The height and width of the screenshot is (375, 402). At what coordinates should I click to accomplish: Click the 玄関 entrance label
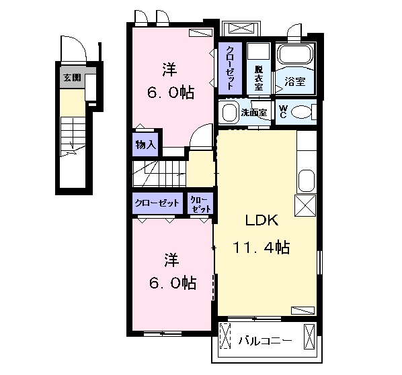click(x=72, y=78)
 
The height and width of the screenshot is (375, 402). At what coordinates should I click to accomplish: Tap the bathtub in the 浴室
click(x=296, y=55)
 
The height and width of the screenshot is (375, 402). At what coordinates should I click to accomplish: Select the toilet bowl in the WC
click(x=301, y=112)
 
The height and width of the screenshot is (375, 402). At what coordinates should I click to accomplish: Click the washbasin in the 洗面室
click(x=229, y=112)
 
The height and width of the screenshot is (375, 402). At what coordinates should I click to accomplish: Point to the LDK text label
click(x=262, y=220)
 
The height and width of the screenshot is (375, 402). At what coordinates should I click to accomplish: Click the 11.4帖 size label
click(x=262, y=248)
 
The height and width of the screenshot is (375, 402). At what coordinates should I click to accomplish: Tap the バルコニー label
click(x=266, y=341)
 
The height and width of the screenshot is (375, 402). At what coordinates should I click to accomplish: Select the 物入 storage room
click(x=145, y=144)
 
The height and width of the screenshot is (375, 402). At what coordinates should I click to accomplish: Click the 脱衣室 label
click(x=259, y=78)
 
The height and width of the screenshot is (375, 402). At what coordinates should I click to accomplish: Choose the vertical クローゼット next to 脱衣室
click(x=230, y=68)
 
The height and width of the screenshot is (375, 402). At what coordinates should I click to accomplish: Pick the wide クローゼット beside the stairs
click(x=157, y=203)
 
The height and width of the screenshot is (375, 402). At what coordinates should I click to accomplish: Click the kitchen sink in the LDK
click(x=307, y=181)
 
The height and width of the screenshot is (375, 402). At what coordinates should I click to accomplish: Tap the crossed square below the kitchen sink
click(x=305, y=205)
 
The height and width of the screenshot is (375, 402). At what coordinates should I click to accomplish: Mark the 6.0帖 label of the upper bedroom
click(x=171, y=93)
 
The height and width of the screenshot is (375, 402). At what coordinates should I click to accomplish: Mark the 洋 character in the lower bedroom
click(x=172, y=260)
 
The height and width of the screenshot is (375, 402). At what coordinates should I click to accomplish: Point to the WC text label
click(x=283, y=111)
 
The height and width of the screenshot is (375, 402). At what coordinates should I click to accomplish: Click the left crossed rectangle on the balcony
click(x=225, y=336)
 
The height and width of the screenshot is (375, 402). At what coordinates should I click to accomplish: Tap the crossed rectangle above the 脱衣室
click(x=242, y=28)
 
